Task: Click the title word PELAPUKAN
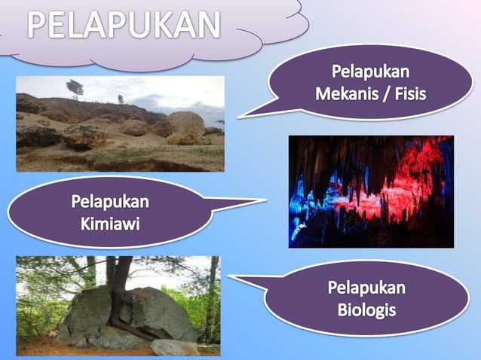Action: point(125,26)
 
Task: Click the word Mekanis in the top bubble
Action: point(345,95)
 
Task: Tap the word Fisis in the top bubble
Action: point(410,95)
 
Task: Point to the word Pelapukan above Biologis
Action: point(366,287)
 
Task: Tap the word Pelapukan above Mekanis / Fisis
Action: point(370,73)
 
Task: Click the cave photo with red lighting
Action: point(371,191)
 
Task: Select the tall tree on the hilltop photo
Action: point(75,88)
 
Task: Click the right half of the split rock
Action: point(162,313)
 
